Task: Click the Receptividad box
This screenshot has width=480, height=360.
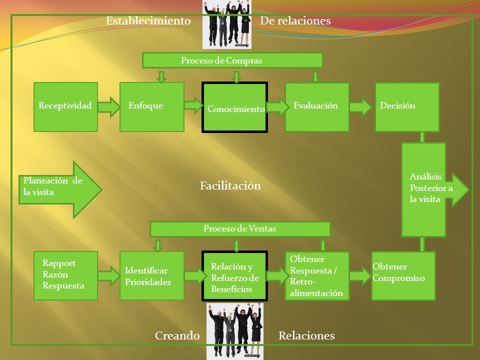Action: coord(66,107)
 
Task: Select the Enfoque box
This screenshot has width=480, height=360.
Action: coord(152,107)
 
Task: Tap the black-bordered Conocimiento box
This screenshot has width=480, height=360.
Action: coord(235,107)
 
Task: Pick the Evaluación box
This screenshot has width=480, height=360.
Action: coord(317,107)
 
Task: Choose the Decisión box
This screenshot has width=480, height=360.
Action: coord(407,107)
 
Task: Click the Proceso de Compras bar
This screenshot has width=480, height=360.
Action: coord(232,60)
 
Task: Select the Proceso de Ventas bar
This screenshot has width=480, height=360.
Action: coord(240,229)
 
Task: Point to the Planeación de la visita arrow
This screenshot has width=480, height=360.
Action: coord(60,190)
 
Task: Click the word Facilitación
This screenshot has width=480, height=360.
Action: coord(230,185)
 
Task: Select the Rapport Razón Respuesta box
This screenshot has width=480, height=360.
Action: coord(66,275)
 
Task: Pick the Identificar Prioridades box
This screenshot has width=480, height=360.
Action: coord(152,275)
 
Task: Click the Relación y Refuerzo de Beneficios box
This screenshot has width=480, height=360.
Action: coord(235,276)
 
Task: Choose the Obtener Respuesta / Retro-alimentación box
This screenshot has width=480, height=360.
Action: coord(317,276)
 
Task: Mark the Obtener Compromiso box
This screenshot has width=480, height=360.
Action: coord(403,276)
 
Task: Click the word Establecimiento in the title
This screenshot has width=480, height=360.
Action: coord(148,21)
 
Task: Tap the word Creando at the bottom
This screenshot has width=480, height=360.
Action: coord(177,335)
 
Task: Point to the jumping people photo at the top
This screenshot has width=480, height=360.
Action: coord(227,24)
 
